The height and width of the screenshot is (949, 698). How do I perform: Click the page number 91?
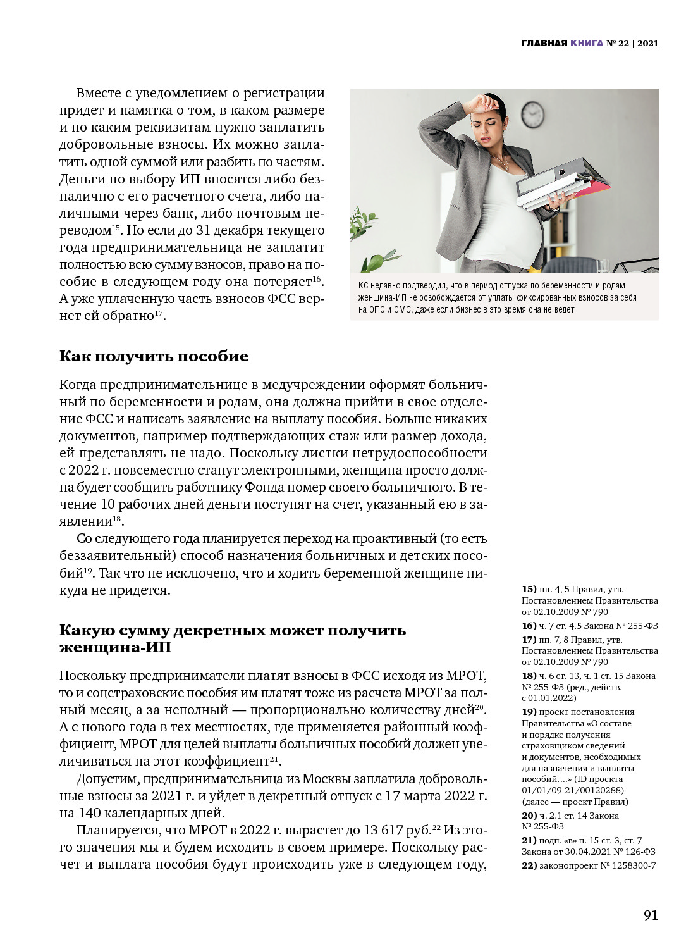pyautogui.click(x=651, y=915)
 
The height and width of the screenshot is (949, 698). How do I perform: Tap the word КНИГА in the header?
pyautogui.click(x=587, y=43)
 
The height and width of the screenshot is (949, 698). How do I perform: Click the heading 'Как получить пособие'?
pyautogui.click(x=154, y=356)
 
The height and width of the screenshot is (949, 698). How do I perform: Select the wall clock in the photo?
pyautogui.click(x=533, y=115)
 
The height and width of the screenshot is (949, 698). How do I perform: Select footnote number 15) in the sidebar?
pyautogui.click(x=529, y=589)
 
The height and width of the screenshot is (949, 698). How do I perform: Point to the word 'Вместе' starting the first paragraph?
pyautogui.click(x=98, y=93)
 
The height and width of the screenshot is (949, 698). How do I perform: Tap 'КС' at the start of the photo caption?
pyautogui.click(x=364, y=286)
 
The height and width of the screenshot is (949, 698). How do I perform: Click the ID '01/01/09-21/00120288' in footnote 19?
pyautogui.click(x=572, y=790)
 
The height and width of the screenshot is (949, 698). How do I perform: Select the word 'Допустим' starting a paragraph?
pyautogui.click(x=107, y=779)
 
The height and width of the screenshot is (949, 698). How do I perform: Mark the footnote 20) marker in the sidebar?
pyautogui.click(x=529, y=816)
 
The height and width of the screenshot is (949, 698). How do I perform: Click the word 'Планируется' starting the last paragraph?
pyautogui.click(x=118, y=830)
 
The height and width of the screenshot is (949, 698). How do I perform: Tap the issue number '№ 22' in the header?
pyautogui.click(x=618, y=43)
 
